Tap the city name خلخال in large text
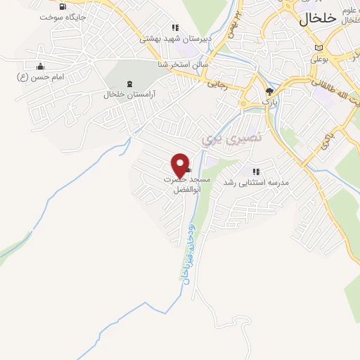317,20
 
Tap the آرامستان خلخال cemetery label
129,94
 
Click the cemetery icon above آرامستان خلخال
129,84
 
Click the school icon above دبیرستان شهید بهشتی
175,28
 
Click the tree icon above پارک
269,91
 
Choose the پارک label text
270,103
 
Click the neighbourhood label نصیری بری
231,138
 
